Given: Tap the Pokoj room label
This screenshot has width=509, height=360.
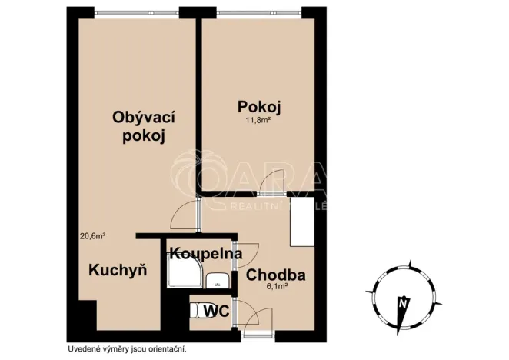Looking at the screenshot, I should [x=254, y=105].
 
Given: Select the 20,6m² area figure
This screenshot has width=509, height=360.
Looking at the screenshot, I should [x=92, y=237].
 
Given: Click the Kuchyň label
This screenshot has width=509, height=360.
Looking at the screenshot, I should [x=118, y=270].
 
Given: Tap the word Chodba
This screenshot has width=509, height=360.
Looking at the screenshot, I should [x=276, y=275].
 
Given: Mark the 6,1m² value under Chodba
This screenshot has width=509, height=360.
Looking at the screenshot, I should [x=277, y=288].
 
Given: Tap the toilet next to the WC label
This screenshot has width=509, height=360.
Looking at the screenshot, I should [x=196, y=311].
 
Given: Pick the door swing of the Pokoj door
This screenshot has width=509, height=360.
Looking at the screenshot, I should [x=272, y=180].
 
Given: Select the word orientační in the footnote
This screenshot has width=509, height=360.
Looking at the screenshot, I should [x=165, y=348].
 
